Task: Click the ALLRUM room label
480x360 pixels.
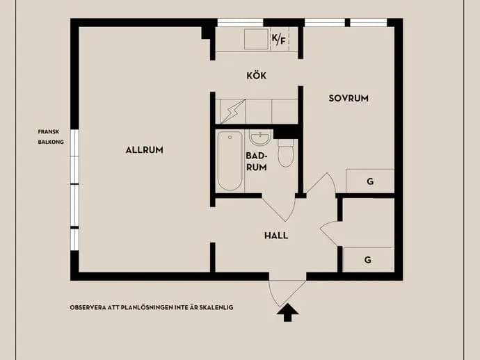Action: click(x=144, y=150)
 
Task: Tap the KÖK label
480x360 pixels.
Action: click(x=257, y=75)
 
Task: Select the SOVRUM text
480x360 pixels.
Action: click(x=349, y=98)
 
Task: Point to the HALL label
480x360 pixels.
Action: click(x=276, y=236)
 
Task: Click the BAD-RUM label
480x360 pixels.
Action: click(x=257, y=161)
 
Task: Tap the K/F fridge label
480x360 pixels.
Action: click(x=278, y=39)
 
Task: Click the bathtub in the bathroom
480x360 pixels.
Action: click(x=230, y=161)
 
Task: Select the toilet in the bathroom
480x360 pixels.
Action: click(x=286, y=153)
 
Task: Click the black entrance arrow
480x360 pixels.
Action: click(x=287, y=313)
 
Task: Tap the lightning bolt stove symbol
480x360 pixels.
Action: click(x=233, y=111)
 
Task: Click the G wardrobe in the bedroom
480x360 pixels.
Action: click(x=370, y=181)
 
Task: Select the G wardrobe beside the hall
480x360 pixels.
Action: click(x=368, y=260)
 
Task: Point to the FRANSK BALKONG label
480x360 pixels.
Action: click(x=51, y=137)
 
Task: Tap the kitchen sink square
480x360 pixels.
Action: click(x=256, y=39)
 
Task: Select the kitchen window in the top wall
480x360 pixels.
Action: click(x=240, y=23)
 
